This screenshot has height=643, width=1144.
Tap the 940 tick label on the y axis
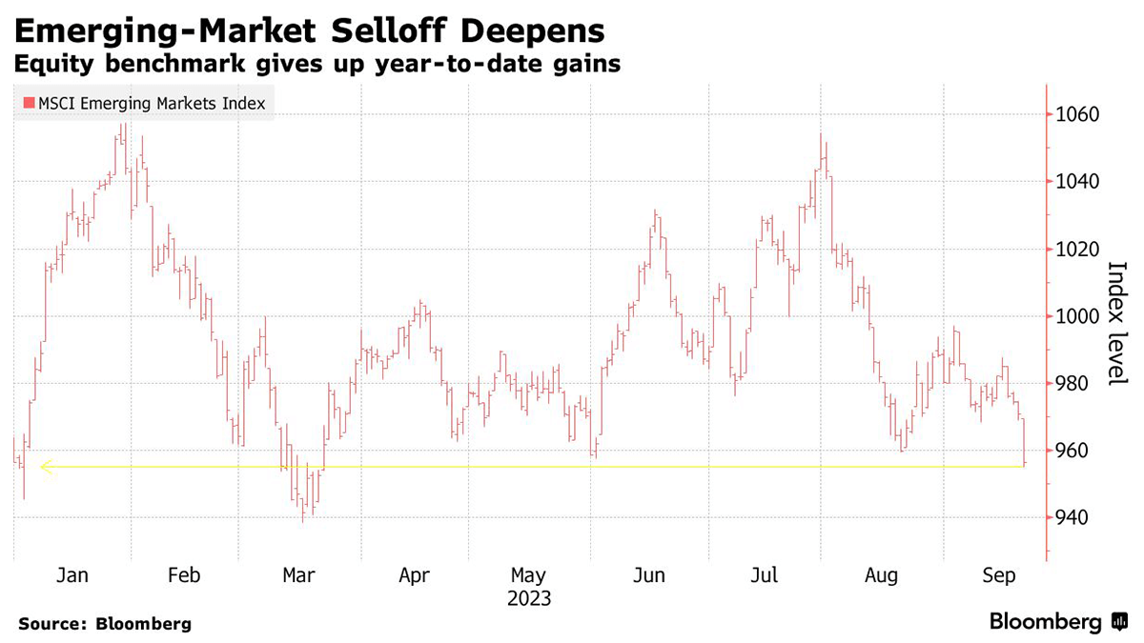point(1076,517)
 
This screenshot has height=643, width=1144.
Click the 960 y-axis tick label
point(1076,451)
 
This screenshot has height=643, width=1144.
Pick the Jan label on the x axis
point(72,575)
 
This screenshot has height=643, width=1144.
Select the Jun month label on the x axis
point(648,575)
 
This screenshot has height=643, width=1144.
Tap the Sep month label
point(999,575)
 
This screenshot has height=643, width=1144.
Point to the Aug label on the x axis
point(882,575)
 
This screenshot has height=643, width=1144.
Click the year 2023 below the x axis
point(528,599)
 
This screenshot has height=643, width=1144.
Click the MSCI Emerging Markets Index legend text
point(151,103)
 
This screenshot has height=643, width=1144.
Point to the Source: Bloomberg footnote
point(104,624)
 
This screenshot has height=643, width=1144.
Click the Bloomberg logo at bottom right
point(1058,622)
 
